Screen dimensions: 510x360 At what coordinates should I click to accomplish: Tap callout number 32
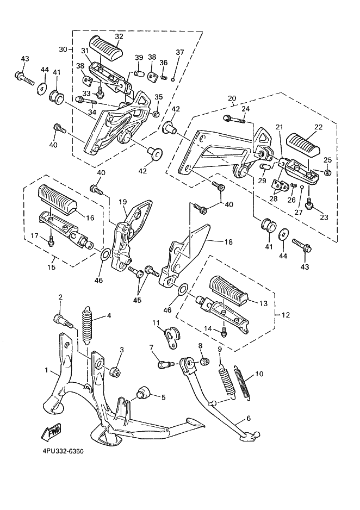coord(119,37)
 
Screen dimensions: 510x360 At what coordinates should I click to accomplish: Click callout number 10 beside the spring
coord(259,374)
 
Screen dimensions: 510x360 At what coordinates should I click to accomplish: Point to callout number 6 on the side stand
coord(248,419)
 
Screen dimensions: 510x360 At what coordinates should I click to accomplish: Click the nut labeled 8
coord(201,362)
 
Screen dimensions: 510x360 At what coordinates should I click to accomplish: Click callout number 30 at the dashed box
coord(62,49)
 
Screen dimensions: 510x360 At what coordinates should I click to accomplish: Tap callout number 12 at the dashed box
coord(285,315)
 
